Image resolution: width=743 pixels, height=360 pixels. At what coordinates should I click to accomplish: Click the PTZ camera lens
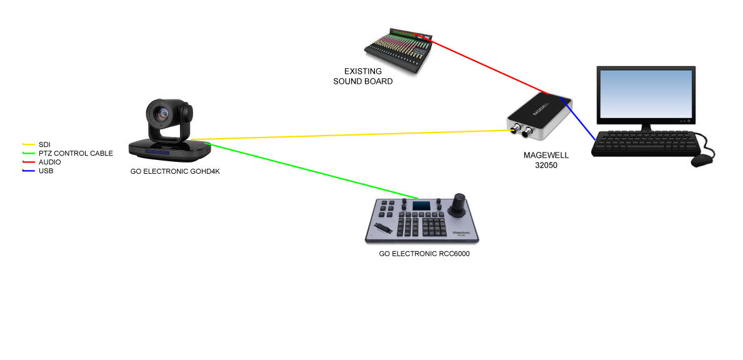click(159, 114)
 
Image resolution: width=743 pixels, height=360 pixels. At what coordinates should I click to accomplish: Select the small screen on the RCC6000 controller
click(422, 206)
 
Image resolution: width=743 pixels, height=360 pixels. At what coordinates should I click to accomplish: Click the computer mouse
click(702, 160)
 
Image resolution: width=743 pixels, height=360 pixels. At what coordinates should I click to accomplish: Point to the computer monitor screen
click(646, 95)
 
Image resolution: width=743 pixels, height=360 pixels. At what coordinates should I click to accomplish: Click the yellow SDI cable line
click(350, 135)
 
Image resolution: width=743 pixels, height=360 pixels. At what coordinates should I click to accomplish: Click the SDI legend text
click(44, 144)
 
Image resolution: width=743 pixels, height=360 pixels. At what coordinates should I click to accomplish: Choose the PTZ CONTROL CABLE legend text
click(76, 153)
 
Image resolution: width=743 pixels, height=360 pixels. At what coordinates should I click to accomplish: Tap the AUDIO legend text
click(50, 162)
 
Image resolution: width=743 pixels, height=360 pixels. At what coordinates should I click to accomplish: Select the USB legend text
click(46, 171)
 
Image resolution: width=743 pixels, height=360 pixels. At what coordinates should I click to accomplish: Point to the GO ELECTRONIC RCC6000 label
click(424, 254)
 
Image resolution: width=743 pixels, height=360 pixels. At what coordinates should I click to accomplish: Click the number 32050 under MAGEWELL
click(546, 166)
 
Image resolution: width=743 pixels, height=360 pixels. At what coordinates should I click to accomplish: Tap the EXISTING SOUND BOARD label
click(362, 76)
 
